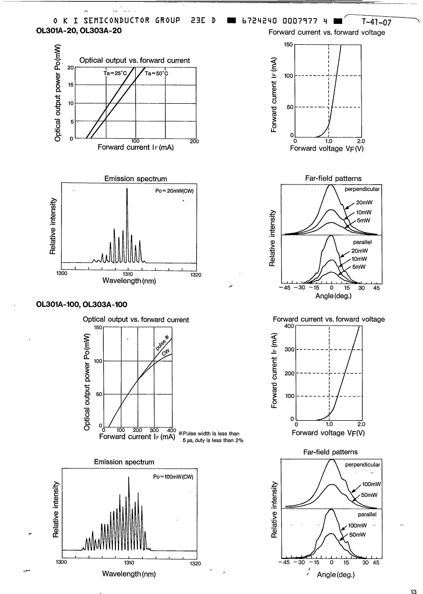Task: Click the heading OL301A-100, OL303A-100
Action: point(81,304)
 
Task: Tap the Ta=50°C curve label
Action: point(157,73)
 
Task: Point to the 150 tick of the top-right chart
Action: point(288,45)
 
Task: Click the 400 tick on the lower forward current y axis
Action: point(289,326)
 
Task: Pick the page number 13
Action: point(413,590)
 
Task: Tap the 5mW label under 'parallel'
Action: point(359,267)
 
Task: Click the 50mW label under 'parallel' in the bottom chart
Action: point(357,535)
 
